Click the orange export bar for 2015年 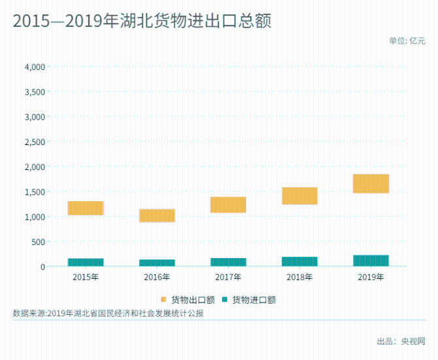[86, 208]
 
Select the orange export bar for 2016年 [157, 216]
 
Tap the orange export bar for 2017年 [228, 205]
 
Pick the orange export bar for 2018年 [299, 196]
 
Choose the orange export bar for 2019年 [371, 184]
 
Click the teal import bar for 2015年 [86, 263]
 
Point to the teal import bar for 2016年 [157, 263]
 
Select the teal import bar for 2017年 [228, 263]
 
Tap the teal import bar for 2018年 [299, 262]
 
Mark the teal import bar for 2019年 [371, 261]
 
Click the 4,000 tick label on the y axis [34, 67]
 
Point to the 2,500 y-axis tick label [34, 142]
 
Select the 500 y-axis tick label [39, 242]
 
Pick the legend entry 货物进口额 [248, 300]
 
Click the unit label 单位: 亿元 [407, 41]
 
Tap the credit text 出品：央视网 [401, 341]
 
